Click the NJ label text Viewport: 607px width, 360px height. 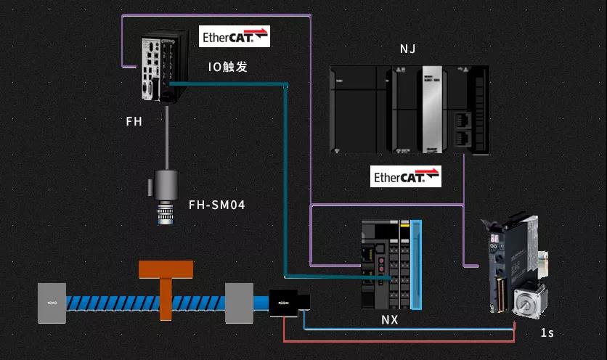(408, 49)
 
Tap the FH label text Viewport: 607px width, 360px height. (134, 122)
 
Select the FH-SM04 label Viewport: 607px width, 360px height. (217, 205)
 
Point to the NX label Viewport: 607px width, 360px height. (390, 319)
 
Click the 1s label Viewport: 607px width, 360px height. (547, 332)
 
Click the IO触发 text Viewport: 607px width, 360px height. (227, 67)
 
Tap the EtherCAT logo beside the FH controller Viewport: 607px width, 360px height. (235, 36)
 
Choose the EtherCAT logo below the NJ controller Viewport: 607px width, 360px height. (406, 176)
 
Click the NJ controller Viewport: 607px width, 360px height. (409, 109)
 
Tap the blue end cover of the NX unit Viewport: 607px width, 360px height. (416, 264)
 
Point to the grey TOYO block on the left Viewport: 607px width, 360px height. (52, 303)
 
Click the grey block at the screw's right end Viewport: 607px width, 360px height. (239, 303)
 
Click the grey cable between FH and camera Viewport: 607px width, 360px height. (168, 137)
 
